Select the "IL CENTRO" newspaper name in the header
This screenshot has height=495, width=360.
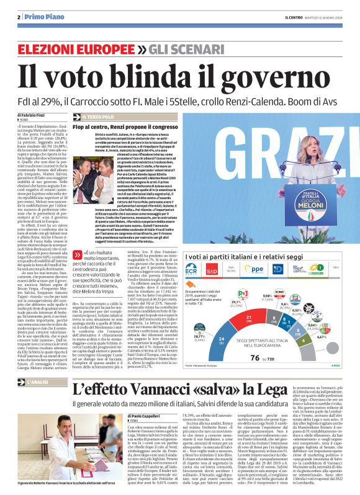point(279,17)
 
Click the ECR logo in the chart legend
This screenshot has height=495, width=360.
point(192,271)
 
